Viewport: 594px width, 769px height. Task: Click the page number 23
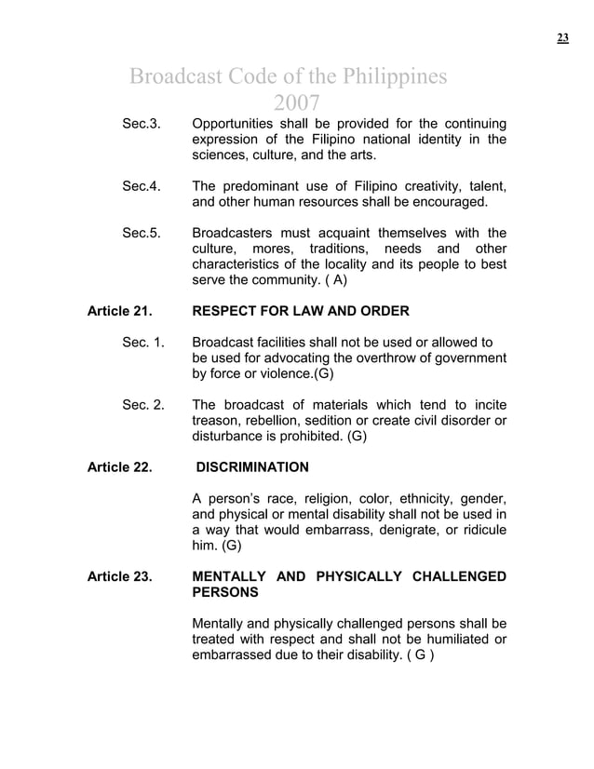coord(562,37)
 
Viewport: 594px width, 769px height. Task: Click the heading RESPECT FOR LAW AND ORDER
coord(300,310)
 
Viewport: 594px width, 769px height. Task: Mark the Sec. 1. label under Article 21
coord(143,343)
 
